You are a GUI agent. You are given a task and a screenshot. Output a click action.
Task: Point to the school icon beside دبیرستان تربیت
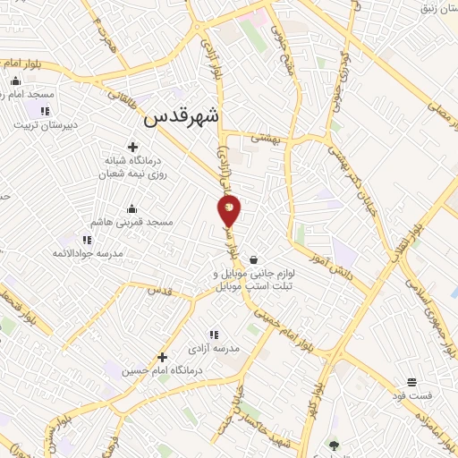44,111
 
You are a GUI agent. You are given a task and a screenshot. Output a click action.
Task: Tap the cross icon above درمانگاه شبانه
133,146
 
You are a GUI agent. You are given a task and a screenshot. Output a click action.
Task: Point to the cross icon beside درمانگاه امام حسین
162,355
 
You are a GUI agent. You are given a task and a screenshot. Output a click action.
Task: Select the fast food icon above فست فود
411,381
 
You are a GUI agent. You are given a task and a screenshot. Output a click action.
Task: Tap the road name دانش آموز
335,259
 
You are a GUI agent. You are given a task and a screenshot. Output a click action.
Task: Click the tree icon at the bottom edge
334,445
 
